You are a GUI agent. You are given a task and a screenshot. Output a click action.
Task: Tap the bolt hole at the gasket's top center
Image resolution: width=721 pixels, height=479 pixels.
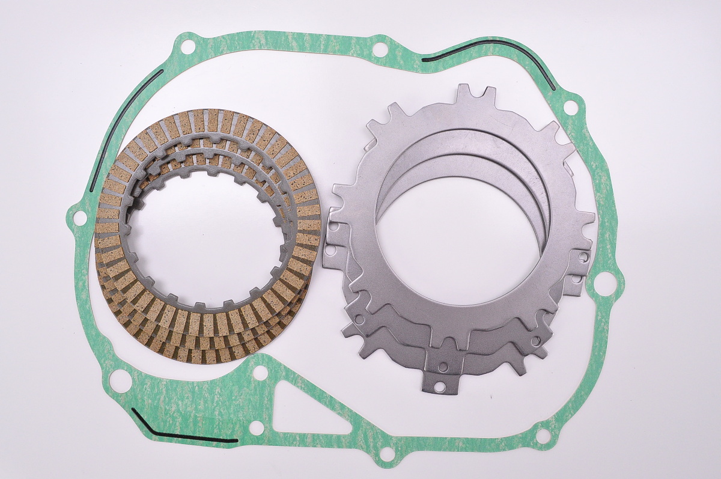(x=380, y=48)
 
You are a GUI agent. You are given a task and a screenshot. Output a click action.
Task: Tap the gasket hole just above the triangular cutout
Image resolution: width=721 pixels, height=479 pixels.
(x=260, y=373)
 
